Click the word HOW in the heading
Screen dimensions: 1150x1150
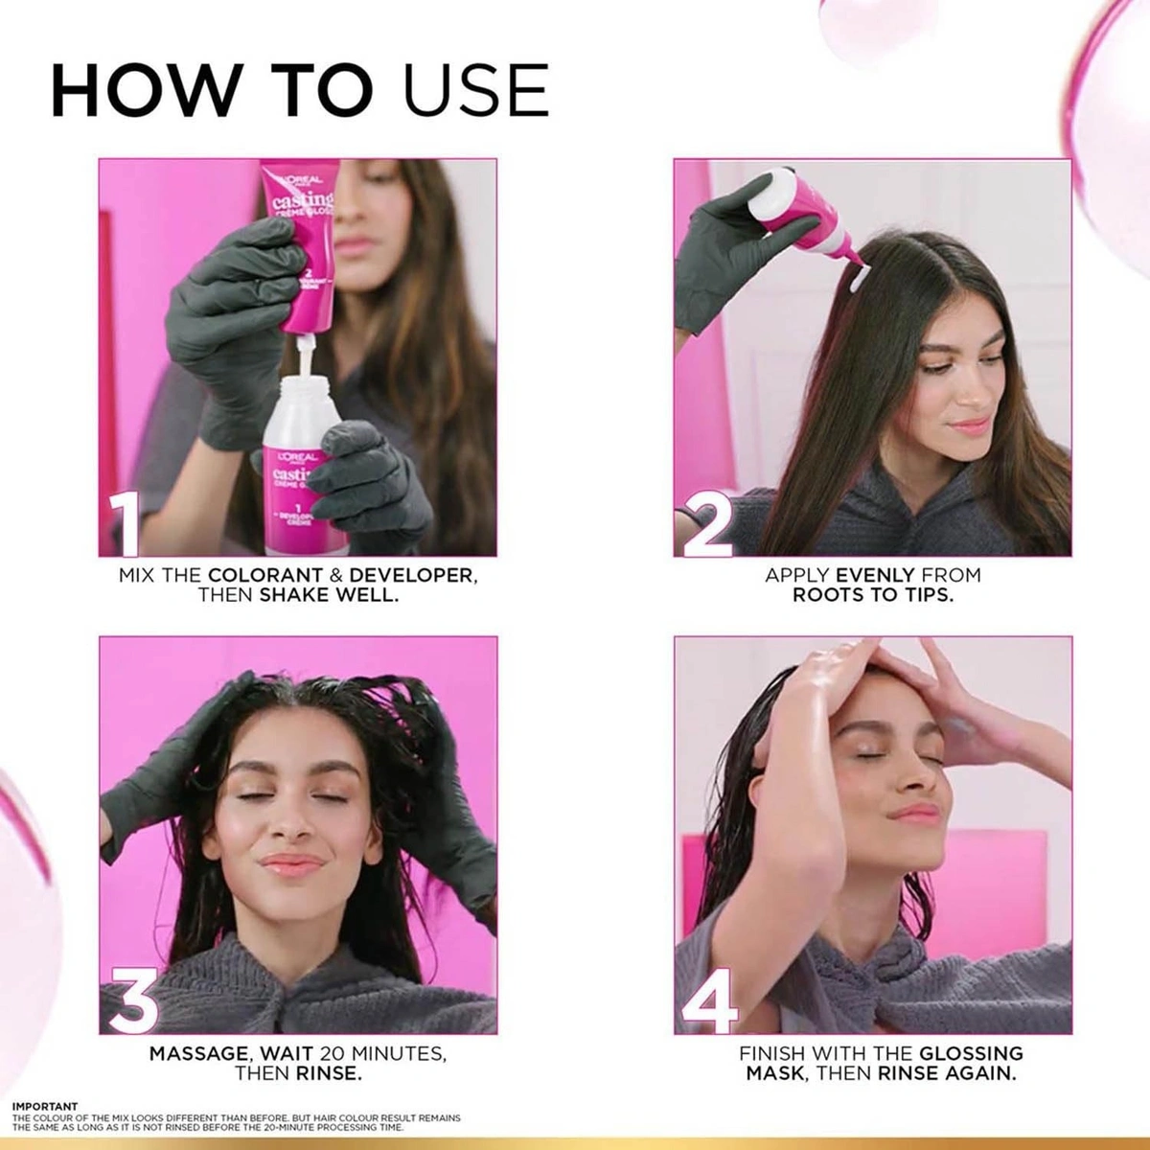point(145,91)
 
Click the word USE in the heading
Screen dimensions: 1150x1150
point(473,91)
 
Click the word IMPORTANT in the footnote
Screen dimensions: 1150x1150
point(44,1106)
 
